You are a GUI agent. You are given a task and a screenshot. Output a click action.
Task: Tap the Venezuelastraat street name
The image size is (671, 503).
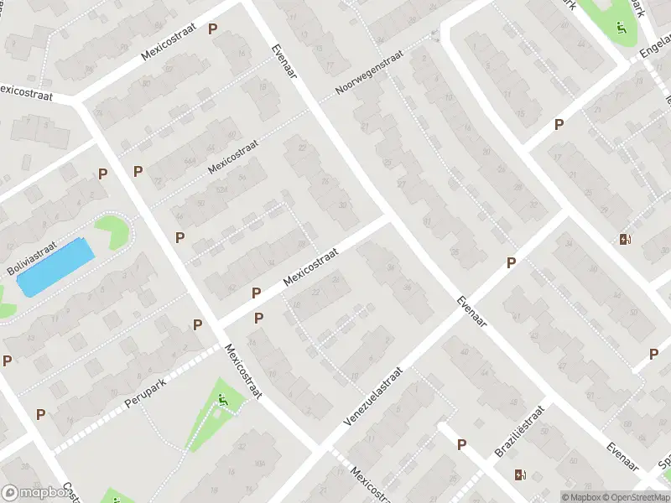pos(374,395)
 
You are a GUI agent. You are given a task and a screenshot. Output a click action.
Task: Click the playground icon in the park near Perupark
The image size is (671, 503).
pos(223,402)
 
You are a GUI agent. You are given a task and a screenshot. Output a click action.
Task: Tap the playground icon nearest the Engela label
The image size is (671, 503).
pos(622,27)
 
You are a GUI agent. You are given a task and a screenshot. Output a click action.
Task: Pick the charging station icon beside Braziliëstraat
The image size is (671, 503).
pos(521,474)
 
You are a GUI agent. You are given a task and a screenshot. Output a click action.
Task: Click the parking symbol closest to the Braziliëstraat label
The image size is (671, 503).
pos(461,444)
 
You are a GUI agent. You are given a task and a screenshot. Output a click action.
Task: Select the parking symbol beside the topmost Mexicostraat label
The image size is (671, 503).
pos(213,29)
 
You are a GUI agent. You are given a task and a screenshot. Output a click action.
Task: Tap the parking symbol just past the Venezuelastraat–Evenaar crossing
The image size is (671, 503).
pos(511,263)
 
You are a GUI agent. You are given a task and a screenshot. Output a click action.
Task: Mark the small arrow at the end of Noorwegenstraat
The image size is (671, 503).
pos(434,35)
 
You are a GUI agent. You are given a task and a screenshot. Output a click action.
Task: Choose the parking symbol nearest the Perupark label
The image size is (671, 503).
pos(198,324)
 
